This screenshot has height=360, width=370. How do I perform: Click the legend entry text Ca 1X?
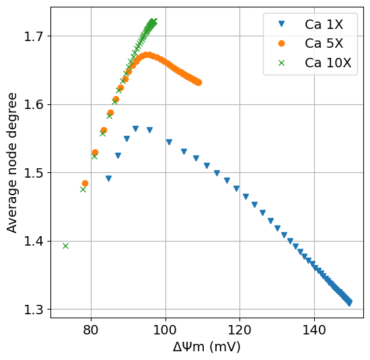pyautogui.click(x=324, y=25)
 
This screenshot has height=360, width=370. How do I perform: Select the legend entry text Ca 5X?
pyautogui.click(x=324, y=44)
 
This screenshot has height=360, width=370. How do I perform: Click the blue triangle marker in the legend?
pyautogui.click(x=281, y=24)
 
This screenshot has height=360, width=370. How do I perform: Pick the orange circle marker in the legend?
pyautogui.click(x=281, y=44)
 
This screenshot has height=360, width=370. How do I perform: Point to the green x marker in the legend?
pyautogui.click(x=281, y=63)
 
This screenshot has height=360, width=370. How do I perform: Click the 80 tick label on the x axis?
pyautogui.click(x=91, y=330)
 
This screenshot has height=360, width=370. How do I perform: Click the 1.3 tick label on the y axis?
pyautogui.click(x=33, y=310)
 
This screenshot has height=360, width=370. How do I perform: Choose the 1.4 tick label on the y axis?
pyautogui.click(x=33, y=241)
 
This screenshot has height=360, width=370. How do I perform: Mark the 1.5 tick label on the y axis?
pyautogui.click(x=33, y=173)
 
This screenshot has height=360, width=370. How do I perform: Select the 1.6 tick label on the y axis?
pyautogui.click(x=33, y=104)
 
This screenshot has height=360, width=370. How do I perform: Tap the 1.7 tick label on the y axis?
pyautogui.click(x=33, y=36)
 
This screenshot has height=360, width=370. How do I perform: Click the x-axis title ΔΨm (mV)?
pyautogui.click(x=207, y=347)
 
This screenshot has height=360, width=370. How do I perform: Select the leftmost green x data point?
pyautogui.click(x=65, y=246)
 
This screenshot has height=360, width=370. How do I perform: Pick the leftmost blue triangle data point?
pyautogui.click(x=108, y=178)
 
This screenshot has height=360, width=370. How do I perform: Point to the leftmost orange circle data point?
pyautogui.click(x=85, y=183)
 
